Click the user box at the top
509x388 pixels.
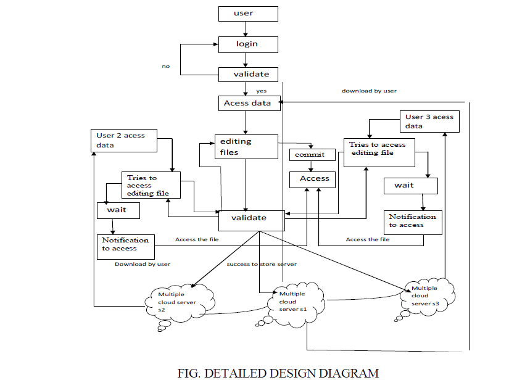click(x=247, y=14)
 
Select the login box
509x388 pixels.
click(x=247, y=44)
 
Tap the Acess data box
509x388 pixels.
click(x=249, y=103)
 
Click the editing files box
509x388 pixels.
click(x=245, y=147)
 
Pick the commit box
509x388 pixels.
click(x=312, y=154)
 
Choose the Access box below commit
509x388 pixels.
click(x=314, y=179)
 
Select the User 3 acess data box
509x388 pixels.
click(x=431, y=122)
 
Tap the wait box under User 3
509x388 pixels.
click(x=410, y=186)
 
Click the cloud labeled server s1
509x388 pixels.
click(x=292, y=303)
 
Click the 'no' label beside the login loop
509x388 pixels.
click(x=166, y=66)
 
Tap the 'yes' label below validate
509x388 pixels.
click(x=261, y=91)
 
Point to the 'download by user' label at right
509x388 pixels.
click(x=370, y=91)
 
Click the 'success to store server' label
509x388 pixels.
click(x=262, y=264)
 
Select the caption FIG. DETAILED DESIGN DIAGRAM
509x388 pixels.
click(x=277, y=373)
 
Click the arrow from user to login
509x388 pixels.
click(x=247, y=28)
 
